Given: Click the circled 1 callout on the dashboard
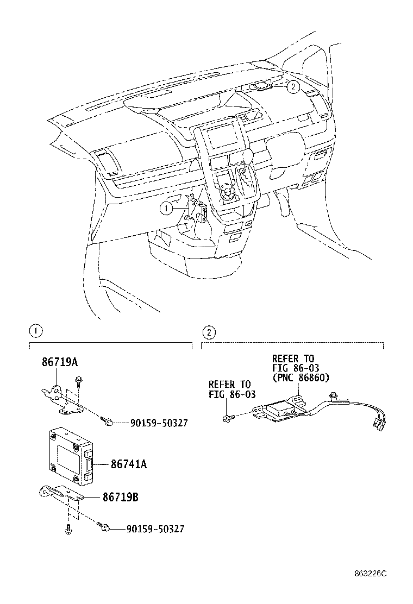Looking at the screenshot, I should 166,207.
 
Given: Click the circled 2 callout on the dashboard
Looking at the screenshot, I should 292,86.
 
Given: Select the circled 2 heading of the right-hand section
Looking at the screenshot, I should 208,331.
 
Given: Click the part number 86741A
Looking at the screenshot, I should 129,464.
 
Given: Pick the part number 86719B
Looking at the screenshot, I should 120,496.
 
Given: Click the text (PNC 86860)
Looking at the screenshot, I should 301,378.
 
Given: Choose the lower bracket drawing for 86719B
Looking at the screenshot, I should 60,495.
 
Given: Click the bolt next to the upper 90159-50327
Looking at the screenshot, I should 105,420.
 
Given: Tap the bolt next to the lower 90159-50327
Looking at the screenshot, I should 105,527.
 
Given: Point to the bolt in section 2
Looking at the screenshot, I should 227,417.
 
